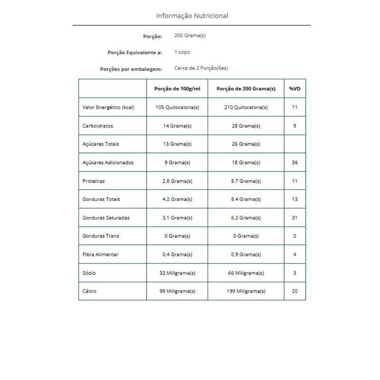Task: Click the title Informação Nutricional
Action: (192, 16)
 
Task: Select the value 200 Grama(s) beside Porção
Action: (190, 36)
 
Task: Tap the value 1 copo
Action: (182, 52)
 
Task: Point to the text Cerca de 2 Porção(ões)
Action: (201, 68)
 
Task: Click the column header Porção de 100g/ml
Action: (177, 89)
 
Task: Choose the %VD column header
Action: (294, 89)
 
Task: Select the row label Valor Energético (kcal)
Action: (108, 107)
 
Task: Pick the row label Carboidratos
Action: (98, 126)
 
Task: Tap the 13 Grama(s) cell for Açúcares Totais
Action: (177, 144)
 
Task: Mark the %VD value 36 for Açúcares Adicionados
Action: (294, 162)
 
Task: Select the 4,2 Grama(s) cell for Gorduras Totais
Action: (177, 199)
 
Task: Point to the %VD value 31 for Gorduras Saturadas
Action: (294, 218)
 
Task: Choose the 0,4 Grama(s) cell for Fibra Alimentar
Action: (177, 254)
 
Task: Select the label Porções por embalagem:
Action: (131, 68)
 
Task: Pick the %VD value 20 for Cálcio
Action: (294, 291)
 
